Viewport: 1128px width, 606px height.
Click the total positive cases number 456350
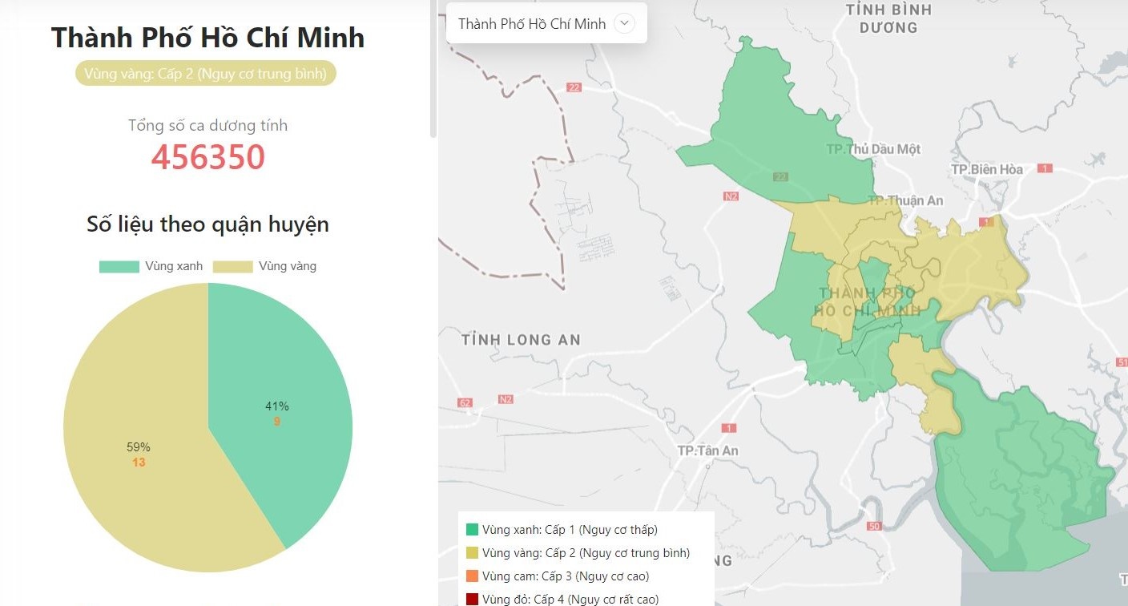point(207,157)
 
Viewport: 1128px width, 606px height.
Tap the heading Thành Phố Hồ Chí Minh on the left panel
point(207,38)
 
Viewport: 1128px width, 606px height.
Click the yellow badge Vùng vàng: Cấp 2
point(206,74)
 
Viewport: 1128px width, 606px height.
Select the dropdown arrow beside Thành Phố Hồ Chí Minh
point(624,23)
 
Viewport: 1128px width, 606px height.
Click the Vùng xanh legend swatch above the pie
point(119,266)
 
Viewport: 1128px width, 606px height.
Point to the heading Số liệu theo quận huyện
point(207,224)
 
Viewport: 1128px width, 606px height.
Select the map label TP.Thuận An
point(905,200)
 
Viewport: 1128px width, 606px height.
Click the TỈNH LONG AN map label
point(521,340)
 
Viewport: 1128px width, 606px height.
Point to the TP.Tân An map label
point(707,450)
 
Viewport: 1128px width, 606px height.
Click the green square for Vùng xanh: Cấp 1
point(472,530)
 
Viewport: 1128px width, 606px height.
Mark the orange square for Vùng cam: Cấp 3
point(472,576)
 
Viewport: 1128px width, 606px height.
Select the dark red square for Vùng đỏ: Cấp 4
point(472,599)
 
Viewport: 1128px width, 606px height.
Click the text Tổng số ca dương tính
point(207,125)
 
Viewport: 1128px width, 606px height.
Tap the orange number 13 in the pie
point(139,463)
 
